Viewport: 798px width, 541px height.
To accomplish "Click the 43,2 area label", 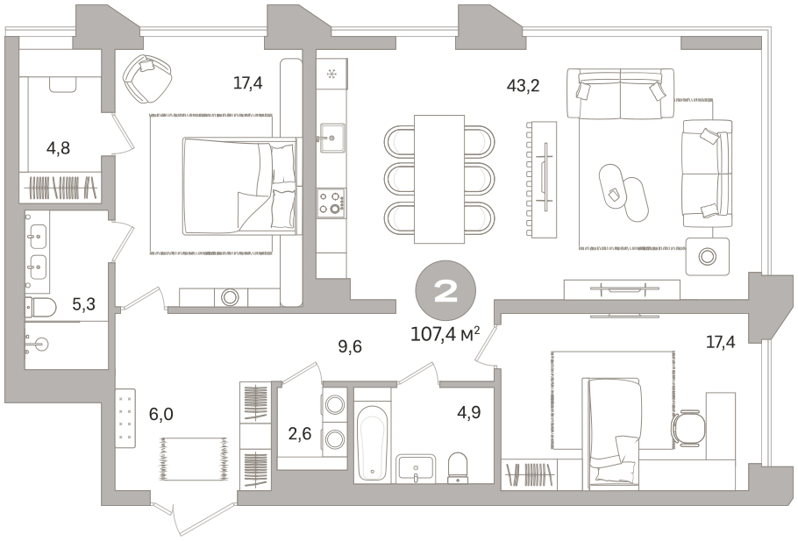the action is (x=523, y=86).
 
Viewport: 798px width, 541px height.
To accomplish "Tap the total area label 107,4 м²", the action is (x=445, y=334).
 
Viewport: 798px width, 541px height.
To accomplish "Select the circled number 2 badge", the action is (x=445, y=290).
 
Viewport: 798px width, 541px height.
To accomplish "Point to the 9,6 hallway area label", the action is (x=350, y=346).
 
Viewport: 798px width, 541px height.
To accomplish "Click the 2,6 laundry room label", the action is (x=300, y=435).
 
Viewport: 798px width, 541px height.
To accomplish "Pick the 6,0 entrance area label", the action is (x=160, y=414).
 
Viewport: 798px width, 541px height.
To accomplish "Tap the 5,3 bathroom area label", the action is (x=83, y=304).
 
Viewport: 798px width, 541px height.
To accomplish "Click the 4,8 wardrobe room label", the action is (x=58, y=148).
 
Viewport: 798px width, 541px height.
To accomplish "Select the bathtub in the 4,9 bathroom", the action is (x=373, y=443).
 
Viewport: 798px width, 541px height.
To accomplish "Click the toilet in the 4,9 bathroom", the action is (x=458, y=467).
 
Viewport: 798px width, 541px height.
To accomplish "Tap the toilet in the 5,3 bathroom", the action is (x=40, y=307).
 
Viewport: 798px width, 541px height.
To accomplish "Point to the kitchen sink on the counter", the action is (x=332, y=138).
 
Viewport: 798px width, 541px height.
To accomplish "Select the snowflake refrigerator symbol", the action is (x=331, y=75).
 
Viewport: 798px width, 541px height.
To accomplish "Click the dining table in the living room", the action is (x=439, y=179).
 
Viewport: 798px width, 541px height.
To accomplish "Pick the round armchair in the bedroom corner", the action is (x=147, y=77).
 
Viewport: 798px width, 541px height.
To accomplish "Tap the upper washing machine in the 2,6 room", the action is (x=334, y=405).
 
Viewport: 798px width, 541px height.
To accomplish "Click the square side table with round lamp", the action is (x=707, y=256).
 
